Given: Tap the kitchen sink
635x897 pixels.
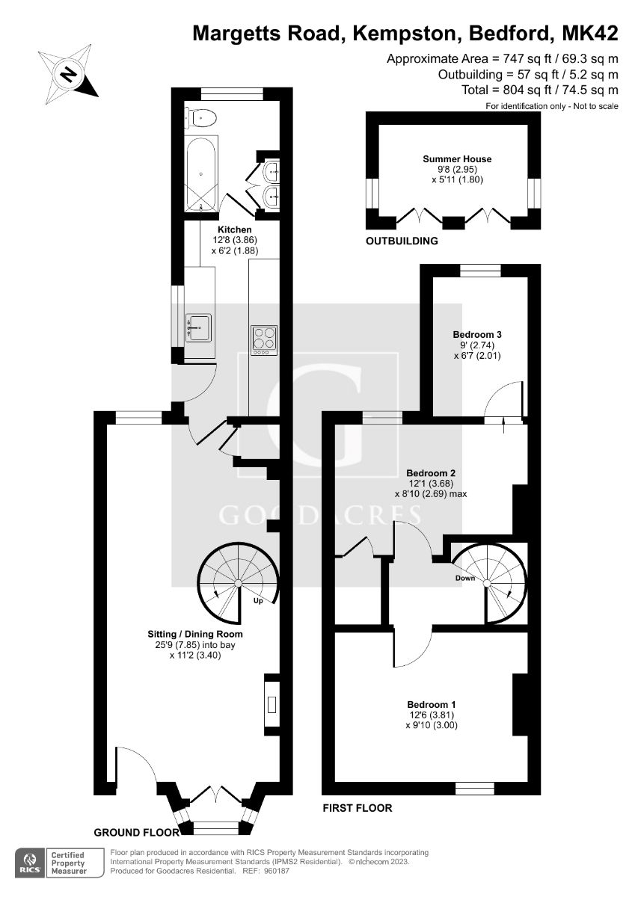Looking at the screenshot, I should coord(197,327).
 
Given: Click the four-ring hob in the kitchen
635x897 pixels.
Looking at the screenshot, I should coord(263,339).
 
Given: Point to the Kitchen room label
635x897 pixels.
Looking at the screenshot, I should coord(234,229).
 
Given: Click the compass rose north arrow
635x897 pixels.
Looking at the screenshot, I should coord(69,73).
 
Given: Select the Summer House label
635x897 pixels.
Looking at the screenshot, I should coord(457,158).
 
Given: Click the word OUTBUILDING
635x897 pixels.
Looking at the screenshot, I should coord(402,241).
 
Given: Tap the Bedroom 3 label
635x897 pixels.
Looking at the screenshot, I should coord(476,334).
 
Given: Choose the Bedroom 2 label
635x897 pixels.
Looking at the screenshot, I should coord(430,473).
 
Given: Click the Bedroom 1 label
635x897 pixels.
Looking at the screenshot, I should coord(432,704).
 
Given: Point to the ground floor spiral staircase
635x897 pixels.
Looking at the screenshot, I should coord(238,583).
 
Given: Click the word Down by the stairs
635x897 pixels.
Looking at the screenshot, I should coord(465,578).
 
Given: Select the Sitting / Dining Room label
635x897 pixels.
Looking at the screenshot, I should coord(194,634).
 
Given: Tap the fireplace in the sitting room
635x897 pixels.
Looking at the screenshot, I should coord(271,703).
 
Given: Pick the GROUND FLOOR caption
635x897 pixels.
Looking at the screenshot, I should coord(137,832).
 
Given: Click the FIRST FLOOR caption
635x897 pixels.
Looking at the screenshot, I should coord(357,808).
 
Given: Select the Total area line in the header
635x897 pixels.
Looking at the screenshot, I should coord(540,90).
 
